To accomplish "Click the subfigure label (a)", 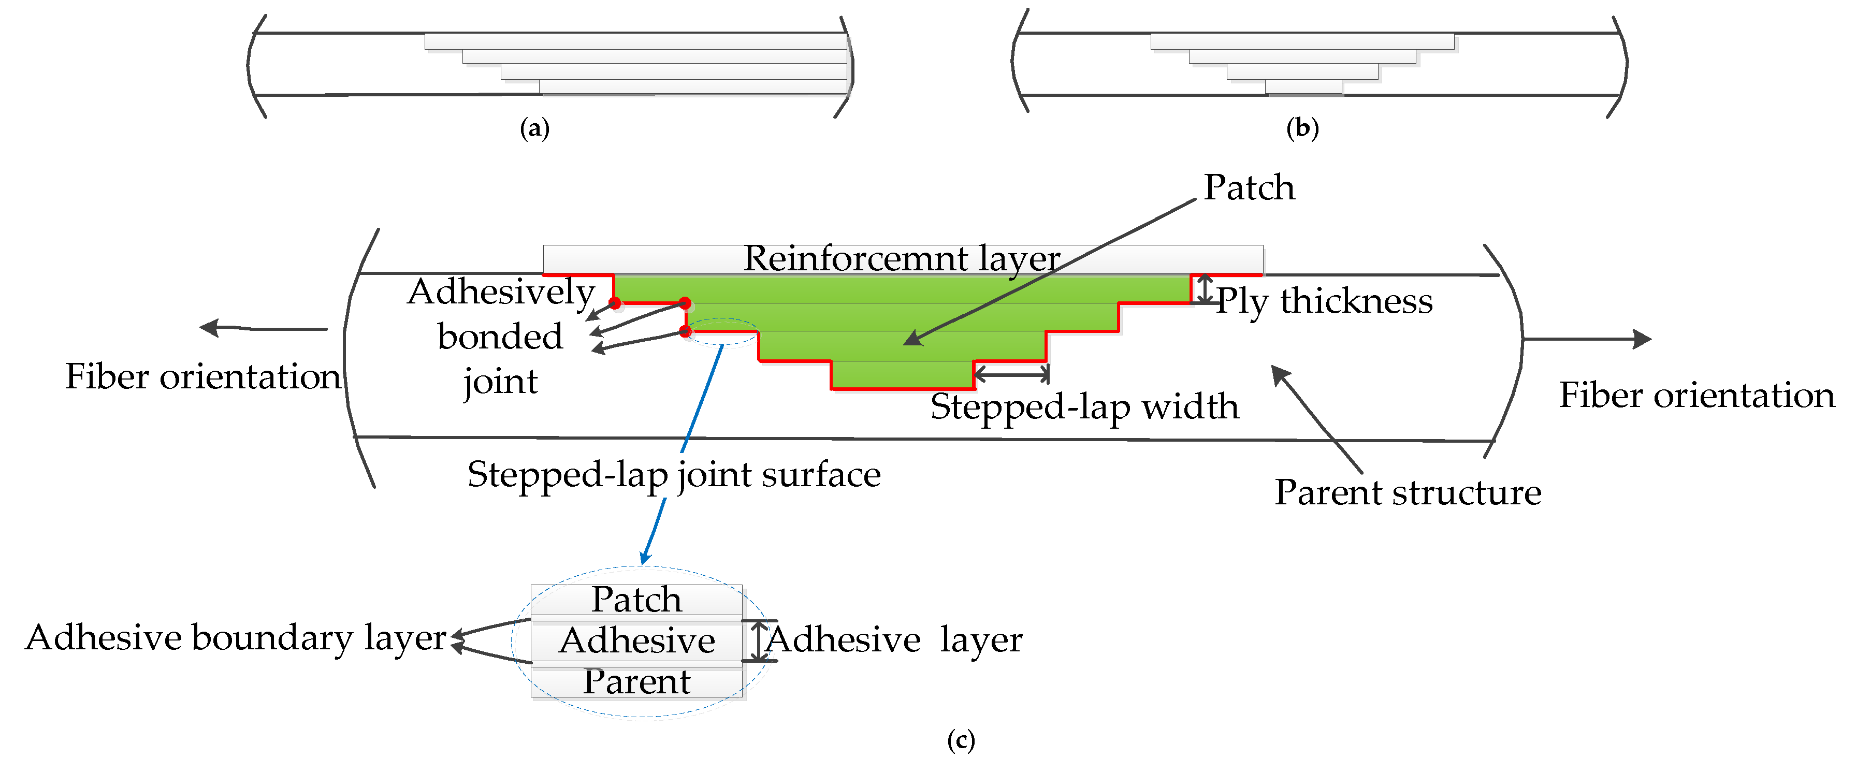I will coord(534,129).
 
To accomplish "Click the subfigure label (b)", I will coord(1302,128).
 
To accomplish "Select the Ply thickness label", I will coord(1324,301).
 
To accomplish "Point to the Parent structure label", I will coord(1407,492).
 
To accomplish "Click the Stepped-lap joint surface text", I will coord(674,475).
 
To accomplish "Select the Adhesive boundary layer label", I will coord(236,638).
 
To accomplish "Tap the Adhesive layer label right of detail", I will coord(894,639).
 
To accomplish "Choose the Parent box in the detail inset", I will coord(636,682).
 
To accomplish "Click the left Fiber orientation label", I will coord(202,376).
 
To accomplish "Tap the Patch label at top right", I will coord(1249,188).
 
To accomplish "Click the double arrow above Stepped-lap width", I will coord(1011,374).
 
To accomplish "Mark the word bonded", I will coord(500,337).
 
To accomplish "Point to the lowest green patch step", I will coord(902,374).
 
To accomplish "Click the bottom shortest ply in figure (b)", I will coord(1303,87).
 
